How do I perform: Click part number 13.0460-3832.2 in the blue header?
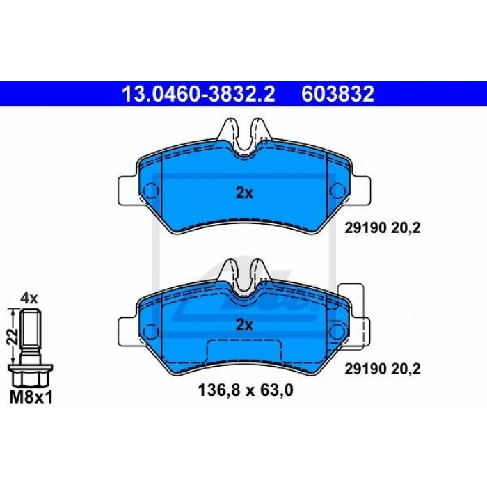198,94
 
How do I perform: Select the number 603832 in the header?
337,94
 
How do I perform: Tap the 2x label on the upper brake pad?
244,193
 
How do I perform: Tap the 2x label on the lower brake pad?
244,325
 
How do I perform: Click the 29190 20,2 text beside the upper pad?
383,229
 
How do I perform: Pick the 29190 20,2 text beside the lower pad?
383,369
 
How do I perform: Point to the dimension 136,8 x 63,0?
246,390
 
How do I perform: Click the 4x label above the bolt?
29,298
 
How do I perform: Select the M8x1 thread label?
31,397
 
